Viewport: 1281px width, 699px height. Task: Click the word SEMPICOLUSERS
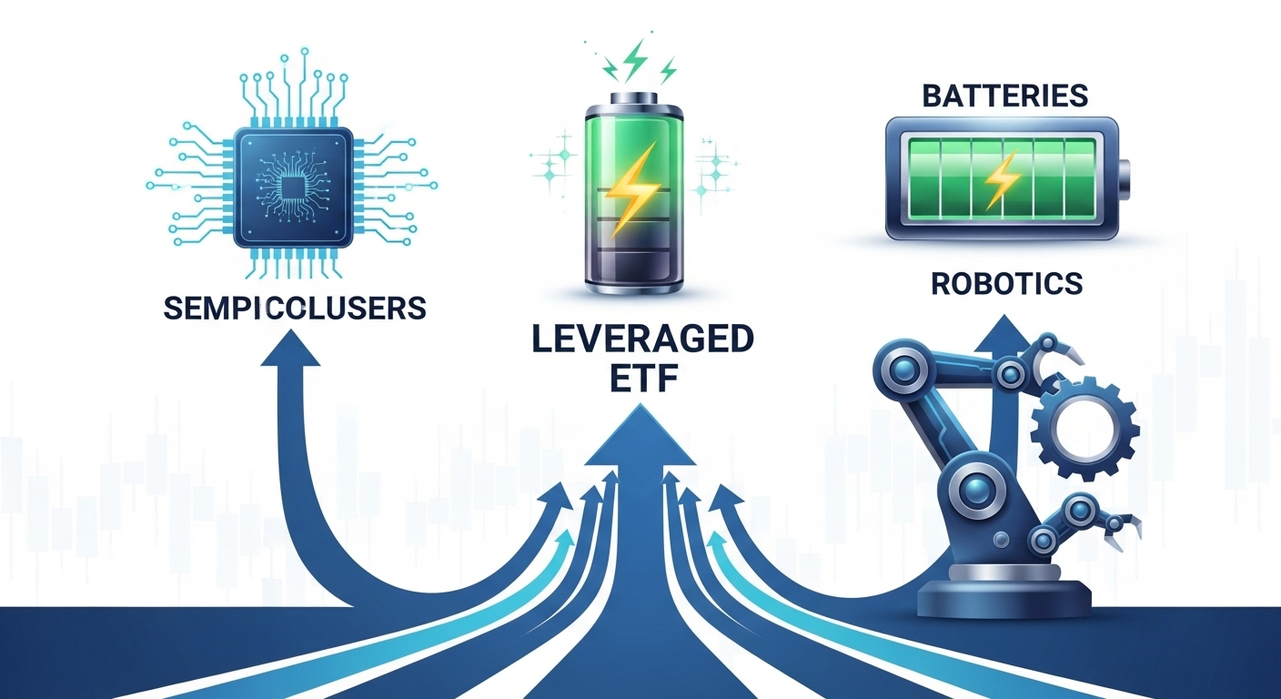click(x=294, y=308)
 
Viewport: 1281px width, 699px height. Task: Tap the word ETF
click(x=642, y=379)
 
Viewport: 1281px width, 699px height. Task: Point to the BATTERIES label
click(x=1004, y=95)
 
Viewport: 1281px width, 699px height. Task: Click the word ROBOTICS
click(x=1006, y=283)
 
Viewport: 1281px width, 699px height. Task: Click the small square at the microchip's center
click(x=291, y=187)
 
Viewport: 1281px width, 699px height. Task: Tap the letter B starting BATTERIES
click(x=931, y=95)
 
